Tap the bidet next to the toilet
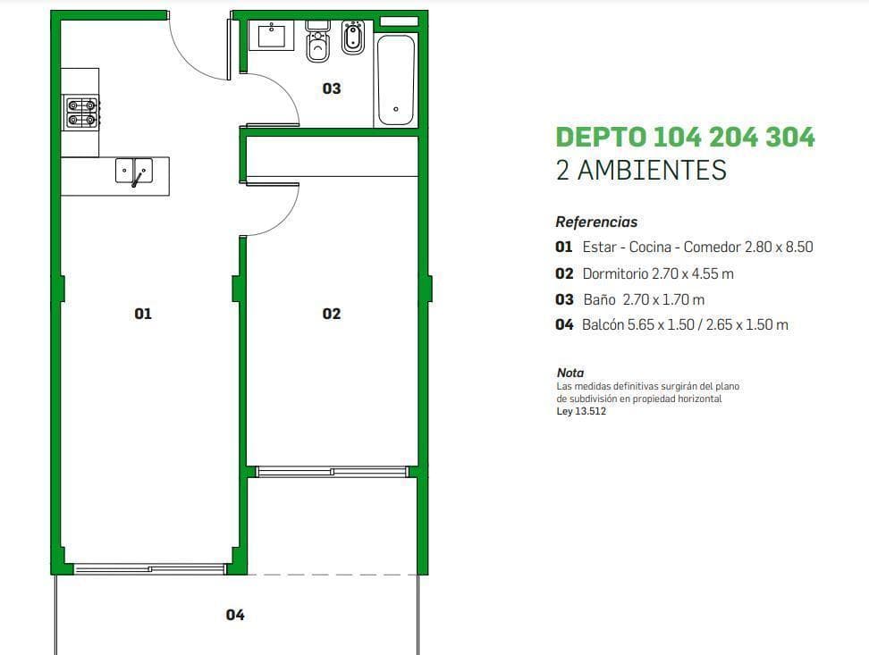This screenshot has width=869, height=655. tap(352, 38)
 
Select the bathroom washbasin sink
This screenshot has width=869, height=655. tap(271, 36)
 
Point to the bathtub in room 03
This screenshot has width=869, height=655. tap(396, 80)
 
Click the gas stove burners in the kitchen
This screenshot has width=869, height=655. tap(81, 112)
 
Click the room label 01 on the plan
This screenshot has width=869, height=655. tap(143, 314)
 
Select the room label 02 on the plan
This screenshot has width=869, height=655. tap(332, 314)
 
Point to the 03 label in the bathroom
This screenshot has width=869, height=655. tap(332, 88)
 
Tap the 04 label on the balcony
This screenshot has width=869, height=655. tap(235, 615)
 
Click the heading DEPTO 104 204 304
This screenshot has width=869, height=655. tap(685, 138)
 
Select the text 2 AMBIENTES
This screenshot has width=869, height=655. tap(641, 170)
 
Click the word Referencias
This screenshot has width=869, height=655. tap(596, 223)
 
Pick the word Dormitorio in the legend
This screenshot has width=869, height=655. tap(615, 273)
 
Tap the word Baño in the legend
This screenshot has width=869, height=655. tap(599, 299)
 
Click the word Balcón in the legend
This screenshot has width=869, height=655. tap(603, 324)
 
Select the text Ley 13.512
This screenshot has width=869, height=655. tap(581, 411)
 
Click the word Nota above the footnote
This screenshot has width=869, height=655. tap(570, 373)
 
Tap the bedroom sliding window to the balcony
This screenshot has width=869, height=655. tap(332, 472)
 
